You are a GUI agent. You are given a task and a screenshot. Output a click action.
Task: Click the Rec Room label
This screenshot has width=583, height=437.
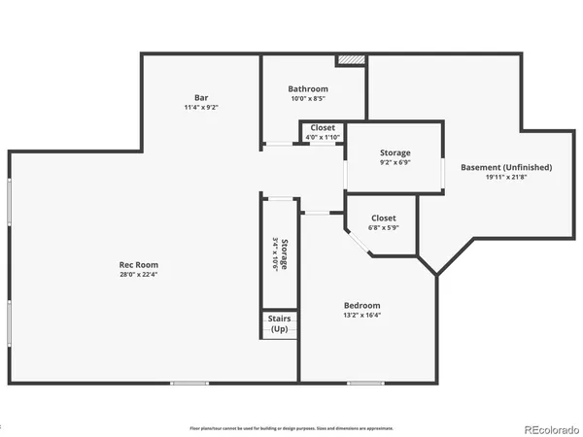[x=139, y=264]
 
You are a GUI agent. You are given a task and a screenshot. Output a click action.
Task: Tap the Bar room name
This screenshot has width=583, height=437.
[x=201, y=97]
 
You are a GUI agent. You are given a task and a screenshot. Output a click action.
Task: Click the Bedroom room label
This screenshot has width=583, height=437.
[x=360, y=305]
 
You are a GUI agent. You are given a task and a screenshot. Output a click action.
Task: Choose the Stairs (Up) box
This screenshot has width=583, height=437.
[x=279, y=324]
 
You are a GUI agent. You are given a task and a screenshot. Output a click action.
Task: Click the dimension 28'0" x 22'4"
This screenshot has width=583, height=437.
[x=139, y=275]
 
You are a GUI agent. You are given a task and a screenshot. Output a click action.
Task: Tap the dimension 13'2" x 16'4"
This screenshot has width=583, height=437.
[x=360, y=316]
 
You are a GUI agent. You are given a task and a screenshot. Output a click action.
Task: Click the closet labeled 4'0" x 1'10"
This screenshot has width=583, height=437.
[x=323, y=132]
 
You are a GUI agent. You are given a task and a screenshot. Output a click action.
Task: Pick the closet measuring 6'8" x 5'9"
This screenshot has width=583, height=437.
[x=384, y=222]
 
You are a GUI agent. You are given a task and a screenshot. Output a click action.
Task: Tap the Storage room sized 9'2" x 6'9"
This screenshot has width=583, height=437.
[x=394, y=156]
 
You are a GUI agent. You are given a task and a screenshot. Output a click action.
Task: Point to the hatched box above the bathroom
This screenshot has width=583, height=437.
[x=350, y=60]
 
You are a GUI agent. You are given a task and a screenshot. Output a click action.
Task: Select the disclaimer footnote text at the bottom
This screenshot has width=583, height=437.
[x=291, y=427]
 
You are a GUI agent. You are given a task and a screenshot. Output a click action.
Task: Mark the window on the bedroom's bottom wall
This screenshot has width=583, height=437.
[x=365, y=383]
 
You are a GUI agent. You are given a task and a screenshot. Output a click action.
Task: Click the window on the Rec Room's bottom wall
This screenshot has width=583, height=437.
[x=189, y=383]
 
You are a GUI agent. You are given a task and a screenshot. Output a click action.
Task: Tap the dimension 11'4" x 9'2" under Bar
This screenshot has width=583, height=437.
[x=201, y=107]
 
